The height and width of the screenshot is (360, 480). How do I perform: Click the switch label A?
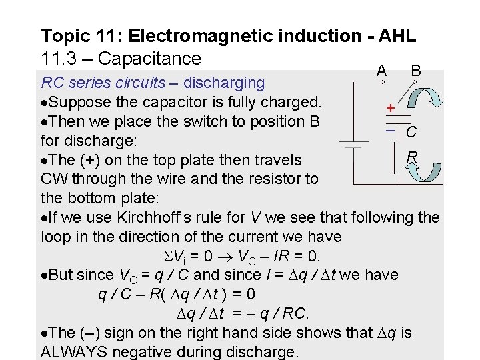[x=381, y=70]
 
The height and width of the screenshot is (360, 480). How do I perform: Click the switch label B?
[x=415, y=70]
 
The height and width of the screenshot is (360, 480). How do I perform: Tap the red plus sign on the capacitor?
[x=390, y=107]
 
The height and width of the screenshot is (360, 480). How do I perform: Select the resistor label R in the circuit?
[x=412, y=157]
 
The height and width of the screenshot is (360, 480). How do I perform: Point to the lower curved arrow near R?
[x=421, y=171]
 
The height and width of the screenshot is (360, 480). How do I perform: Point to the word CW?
[x=53, y=179]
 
